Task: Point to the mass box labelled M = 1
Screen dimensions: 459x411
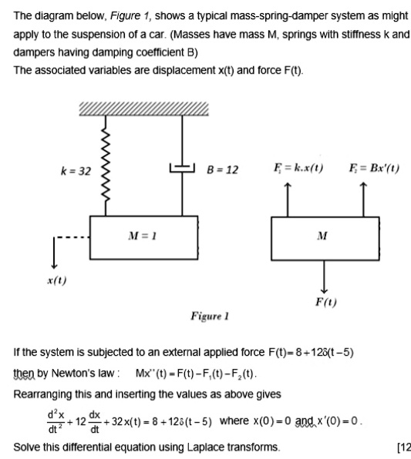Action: point(149,238)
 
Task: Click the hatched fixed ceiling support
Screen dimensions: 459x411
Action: point(143,110)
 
